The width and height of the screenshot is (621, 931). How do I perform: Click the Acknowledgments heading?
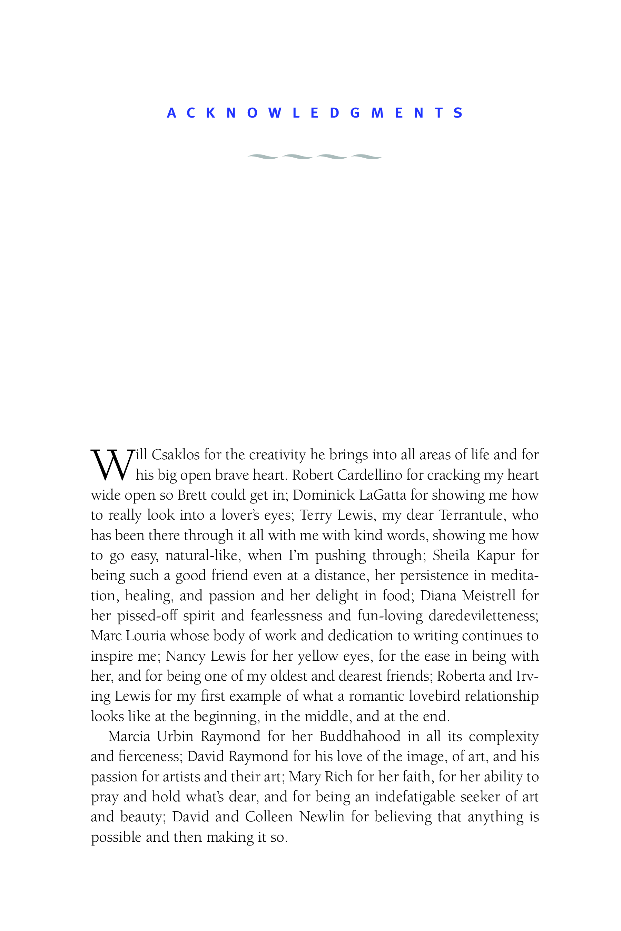coord(315,113)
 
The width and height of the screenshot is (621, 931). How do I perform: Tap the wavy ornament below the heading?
coord(315,157)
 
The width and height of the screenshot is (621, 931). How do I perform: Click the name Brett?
coord(191,495)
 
